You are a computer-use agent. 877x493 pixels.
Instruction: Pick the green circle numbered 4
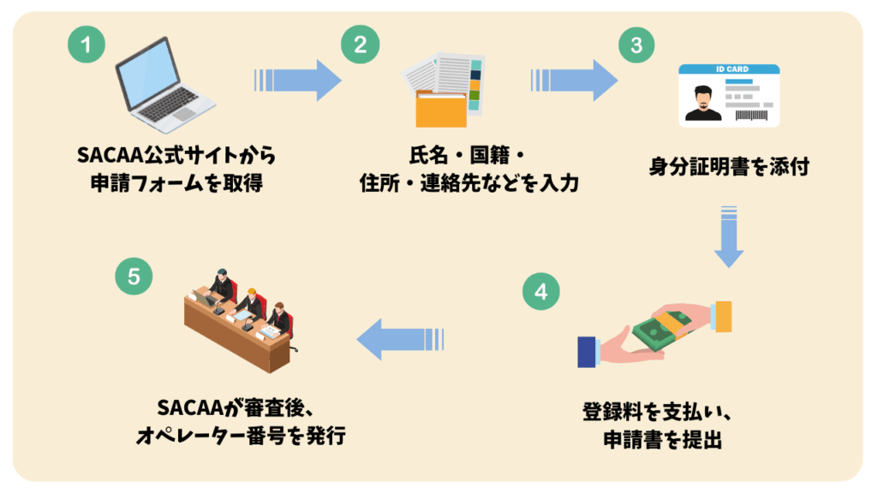point(540,291)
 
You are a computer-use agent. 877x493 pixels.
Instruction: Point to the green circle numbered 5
point(134,276)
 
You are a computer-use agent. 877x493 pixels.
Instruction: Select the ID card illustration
point(729,96)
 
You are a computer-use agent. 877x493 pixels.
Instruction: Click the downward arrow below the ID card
point(729,236)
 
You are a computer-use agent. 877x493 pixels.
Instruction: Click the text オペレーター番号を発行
point(241,436)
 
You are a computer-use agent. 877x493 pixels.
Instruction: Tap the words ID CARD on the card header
point(729,68)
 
